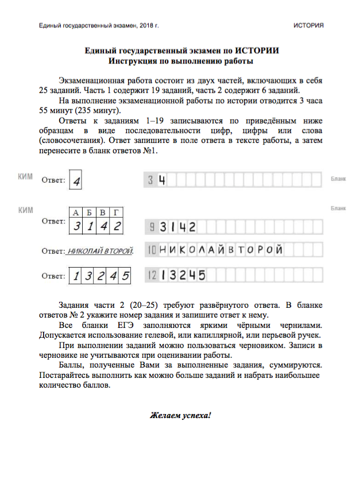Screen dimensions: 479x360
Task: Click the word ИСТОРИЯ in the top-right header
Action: point(308,25)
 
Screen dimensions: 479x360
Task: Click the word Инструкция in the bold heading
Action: point(136,60)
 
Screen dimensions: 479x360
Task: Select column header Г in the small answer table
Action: point(117,213)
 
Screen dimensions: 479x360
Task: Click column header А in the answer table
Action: point(76,213)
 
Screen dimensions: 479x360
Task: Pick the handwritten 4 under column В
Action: point(103,226)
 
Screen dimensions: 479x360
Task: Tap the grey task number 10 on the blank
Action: point(152,250)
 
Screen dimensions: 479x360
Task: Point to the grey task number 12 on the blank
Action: point(152,275)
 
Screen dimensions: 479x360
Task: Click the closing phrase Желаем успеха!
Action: point(181,414)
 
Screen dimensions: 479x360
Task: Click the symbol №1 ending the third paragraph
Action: point(150,150)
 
